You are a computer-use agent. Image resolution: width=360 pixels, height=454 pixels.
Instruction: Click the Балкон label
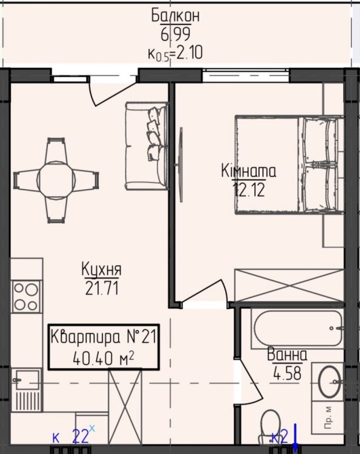(176, 16)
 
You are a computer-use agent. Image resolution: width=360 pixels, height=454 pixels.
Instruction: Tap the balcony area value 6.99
(176, 35)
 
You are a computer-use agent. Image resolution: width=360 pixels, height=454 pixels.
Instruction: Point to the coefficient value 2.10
(189, 53)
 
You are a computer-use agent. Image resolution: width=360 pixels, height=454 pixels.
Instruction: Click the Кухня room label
(102, 269)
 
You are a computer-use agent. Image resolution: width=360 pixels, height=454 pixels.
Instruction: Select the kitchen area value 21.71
(102, 289)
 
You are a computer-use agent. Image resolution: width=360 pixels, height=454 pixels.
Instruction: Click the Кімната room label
(249, 171)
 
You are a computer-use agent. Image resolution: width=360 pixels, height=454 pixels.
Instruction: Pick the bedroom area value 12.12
(249, 190)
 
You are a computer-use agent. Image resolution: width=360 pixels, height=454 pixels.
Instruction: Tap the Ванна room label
(287, 354)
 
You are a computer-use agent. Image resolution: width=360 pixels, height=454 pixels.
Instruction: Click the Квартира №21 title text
(104, 337)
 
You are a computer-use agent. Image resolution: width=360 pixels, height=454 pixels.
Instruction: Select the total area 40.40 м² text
(104, 358)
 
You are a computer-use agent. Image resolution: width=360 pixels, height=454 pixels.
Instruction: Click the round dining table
(56, 180)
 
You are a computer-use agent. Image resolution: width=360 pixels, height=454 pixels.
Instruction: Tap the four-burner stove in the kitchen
(26, 297)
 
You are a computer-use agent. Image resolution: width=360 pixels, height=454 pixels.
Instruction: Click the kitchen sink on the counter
(26, 380)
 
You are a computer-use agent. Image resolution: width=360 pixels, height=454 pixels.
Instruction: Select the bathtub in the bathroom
(298, 328)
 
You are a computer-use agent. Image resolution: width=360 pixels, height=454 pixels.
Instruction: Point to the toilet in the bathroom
(271, 426)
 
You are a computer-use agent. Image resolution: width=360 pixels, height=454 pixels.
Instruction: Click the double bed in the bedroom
(289, 165)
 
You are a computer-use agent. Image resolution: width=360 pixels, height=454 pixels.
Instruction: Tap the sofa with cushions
(147, 146)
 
